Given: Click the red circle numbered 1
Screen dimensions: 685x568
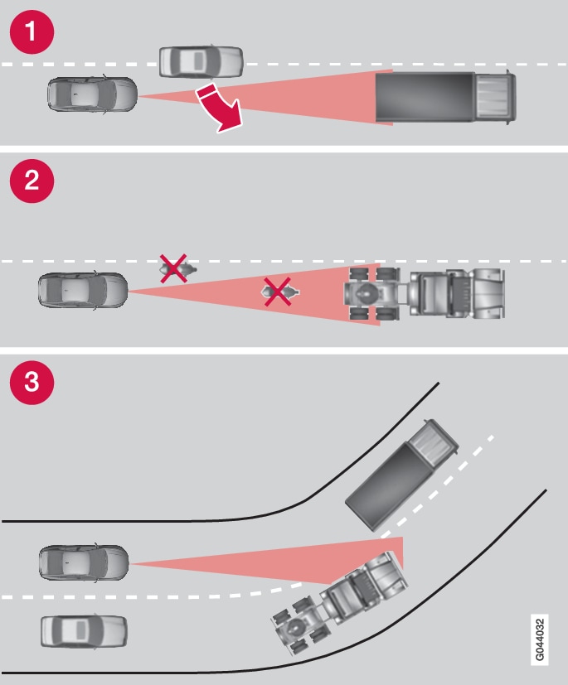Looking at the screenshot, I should (32, 32).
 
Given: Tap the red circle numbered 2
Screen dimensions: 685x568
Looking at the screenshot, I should (32, 182).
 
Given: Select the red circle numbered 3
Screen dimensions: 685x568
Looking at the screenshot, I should (32, 382).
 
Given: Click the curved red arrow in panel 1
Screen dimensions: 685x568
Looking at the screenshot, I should (220, 106).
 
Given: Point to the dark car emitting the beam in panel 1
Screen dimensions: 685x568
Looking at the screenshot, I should (92, 94).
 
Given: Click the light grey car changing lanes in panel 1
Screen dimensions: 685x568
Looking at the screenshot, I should (201, 61).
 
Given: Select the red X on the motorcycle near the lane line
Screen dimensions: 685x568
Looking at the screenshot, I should (172, 268).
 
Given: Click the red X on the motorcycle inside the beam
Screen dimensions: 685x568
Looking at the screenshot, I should (278, 292).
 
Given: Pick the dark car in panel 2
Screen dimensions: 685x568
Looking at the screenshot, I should (83, 291).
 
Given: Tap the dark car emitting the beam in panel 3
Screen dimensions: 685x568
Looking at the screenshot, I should (84, 562).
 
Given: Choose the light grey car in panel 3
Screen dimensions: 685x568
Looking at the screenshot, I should (84, 630).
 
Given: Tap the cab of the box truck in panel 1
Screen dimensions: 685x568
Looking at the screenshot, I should (494, 97).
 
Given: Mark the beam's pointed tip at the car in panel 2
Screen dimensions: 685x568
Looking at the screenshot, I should (130, 291).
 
